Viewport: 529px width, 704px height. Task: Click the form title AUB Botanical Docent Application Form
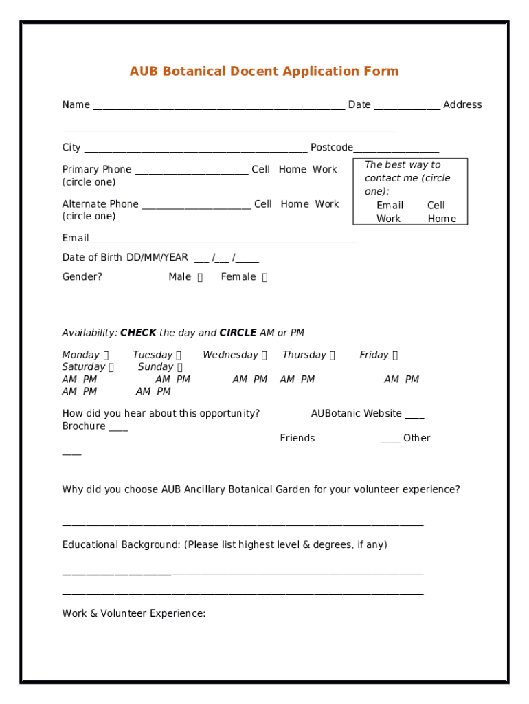coord(264,71)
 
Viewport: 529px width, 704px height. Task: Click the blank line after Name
coord(218,106)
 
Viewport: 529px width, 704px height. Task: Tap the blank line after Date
coord(407,106)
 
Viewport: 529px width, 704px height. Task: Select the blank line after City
coord(195,148)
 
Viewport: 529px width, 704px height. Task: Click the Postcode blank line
coord(396,148)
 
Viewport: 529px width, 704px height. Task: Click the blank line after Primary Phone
coord(191,170)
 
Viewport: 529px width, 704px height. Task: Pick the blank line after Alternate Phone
coord(196,205)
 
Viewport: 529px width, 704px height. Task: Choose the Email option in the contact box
coord(390,206)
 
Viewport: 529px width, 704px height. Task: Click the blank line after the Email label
coord(225,239)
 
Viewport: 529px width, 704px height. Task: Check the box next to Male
coord(200,278)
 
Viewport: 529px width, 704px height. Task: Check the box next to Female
coord(265,278)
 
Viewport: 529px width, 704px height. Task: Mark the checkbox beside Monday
coord(106,355)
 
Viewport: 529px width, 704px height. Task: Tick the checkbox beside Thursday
coord(333,355)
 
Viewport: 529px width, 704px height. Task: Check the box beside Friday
coord(395,355)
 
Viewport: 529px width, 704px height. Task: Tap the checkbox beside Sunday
coord(180,367)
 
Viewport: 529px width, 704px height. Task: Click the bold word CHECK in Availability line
coord(138,333)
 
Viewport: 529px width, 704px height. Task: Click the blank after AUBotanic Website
coord(414,415)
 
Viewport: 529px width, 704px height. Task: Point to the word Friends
coord(297,438)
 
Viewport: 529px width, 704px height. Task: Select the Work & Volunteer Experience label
coord(133,613)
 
